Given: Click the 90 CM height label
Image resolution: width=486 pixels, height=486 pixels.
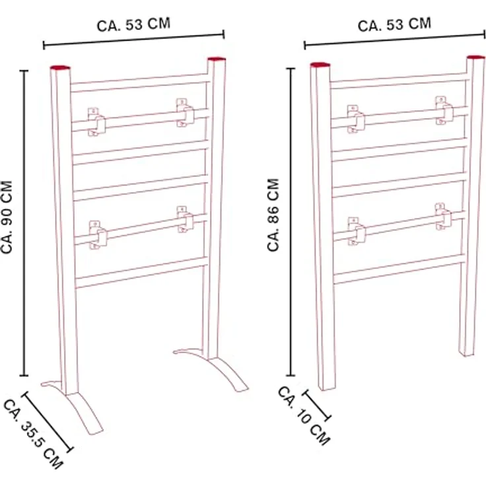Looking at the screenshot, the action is [6, 217].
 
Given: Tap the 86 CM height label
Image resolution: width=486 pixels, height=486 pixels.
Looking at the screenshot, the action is [273, 215].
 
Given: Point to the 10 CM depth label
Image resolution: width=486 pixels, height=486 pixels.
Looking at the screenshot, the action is [304, 415].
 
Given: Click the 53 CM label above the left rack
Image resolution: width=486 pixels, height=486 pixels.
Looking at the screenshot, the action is [133, 25].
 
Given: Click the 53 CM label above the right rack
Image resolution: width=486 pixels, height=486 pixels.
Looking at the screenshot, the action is [395, 25].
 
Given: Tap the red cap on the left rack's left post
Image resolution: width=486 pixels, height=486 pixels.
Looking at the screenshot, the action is [60, 67].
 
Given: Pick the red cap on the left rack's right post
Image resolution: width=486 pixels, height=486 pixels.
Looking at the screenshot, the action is [217, 59].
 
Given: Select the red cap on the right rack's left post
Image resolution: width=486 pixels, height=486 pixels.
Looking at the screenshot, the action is [320, 65].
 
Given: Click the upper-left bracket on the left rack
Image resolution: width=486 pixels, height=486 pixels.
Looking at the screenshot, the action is [96, 122].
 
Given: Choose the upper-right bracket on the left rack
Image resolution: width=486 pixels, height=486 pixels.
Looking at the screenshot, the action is [185, 113].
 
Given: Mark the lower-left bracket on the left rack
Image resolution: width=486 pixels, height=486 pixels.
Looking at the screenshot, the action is [98, 235].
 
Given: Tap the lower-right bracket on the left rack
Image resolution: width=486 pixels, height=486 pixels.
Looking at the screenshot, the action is [186, 219].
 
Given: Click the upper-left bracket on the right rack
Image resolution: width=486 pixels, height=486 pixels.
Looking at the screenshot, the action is [355, 119].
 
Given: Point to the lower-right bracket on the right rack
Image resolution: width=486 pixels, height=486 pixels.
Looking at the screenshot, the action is [443, 217].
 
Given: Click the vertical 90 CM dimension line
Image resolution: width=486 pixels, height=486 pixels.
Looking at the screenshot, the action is [24, 223].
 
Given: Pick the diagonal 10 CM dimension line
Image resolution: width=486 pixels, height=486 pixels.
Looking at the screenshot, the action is [316, 406].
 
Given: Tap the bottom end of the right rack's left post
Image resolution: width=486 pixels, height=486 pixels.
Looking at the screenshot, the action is [328, 388].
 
